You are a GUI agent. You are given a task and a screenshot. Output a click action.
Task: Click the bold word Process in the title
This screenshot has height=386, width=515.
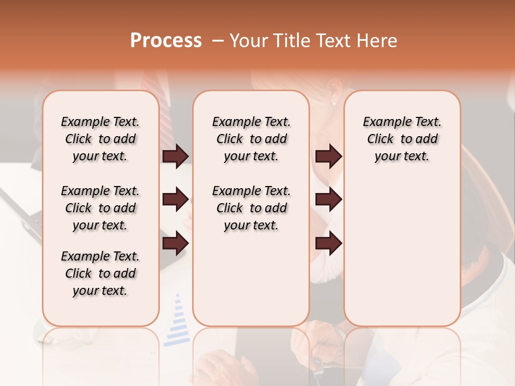(x=166, y=40)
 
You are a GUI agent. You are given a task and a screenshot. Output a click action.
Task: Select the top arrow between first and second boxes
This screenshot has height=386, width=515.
(x=175, y=157)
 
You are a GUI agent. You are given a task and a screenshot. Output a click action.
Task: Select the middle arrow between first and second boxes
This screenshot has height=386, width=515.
(x=175, y=200)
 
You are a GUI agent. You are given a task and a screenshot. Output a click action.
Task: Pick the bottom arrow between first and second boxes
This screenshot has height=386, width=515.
(x=175, y=243)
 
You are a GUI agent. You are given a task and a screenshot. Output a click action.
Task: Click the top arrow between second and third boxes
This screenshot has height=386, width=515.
(x=328, y=157)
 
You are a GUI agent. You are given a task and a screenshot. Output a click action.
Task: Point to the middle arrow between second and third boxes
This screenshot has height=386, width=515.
(x=328, y=200)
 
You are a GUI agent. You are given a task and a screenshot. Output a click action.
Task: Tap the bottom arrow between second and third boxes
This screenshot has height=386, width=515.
(x=328, y=243)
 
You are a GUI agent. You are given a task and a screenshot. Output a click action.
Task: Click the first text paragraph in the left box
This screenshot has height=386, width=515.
(x=100, y=139)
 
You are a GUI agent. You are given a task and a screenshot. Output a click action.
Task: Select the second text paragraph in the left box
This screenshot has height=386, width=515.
(x=100, y=208)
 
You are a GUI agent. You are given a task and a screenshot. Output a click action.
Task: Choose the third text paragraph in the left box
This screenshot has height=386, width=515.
(x=100, y=273)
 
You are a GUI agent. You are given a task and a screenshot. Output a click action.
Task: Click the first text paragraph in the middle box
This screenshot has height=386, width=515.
(x=252, y=139)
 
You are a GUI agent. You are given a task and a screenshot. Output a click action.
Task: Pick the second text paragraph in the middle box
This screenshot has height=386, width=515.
(x=252, y=208)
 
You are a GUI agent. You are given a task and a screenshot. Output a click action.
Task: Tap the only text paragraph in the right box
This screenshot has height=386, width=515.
(x=402, y=139)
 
